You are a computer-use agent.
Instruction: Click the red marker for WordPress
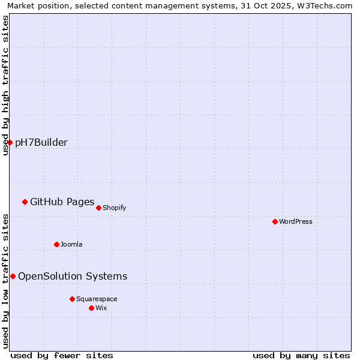tap(275, 221)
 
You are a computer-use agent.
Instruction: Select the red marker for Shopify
tap(98, 208)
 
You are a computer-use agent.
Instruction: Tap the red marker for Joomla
tap(56, 244)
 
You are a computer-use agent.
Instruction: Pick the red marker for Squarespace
tap(72, 299)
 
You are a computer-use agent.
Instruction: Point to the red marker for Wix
tap(91, 308)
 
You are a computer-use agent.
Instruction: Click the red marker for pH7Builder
tap(10, 142)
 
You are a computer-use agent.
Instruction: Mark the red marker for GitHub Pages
tap(25, 202)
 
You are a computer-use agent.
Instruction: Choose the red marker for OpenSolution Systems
tap(13, 276)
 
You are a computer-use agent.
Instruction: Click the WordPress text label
tap(296, 221)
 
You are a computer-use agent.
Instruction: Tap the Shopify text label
tap(114, 208)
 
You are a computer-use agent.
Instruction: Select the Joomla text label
tap(71, 244)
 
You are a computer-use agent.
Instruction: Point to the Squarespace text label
tap(97, 299)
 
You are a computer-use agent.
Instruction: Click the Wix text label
tap(101, 308)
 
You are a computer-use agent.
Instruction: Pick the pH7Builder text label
tap(41, 142)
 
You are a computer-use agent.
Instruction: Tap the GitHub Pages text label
tap(62, 202)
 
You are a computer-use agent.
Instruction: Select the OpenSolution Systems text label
tap(73, 276)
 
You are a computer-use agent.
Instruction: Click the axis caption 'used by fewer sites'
tap(62, 355)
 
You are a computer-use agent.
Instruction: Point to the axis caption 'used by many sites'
tap(301, 355)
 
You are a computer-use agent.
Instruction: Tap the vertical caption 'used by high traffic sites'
tap(6, 85)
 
